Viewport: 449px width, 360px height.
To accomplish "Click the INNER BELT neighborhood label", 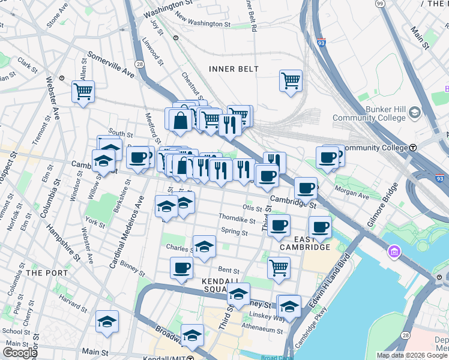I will click(x=234, y=69).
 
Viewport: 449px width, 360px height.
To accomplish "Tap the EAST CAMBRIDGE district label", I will click(x=304, y=242).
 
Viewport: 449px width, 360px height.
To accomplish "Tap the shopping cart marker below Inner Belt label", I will click(x=291, y=80).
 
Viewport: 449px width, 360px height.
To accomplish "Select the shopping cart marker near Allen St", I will click(x=83, y=92).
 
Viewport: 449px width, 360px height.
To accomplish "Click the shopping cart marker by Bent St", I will click(x=279, y=268).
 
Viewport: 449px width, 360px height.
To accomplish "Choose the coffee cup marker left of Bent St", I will click(x=181, y=268).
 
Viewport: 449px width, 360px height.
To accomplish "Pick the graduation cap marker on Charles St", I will click(x=204, y=247).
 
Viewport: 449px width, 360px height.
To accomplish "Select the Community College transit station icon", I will click(x=413, y=148).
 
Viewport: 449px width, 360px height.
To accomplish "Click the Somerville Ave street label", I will click(x=111, y=64).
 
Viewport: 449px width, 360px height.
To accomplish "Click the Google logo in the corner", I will click(x=20, y=353).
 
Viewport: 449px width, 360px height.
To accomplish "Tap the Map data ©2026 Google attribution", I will click(x=411, y=355).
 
